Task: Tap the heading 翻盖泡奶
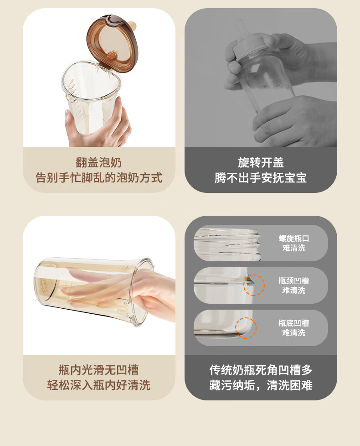pos(98,163)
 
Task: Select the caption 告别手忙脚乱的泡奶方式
pos(98,178)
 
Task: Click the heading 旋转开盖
pos(261,163)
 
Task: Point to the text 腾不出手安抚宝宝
pos(261,178)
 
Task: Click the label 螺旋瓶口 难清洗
pos(294,243)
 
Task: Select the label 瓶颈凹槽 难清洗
pos(294,285)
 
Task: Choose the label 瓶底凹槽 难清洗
pos(294,328)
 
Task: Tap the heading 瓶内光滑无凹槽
pos(98,370)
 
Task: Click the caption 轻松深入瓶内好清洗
pos(98,385)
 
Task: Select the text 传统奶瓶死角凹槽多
pos(261,370)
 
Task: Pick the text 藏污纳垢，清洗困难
pos(261,385)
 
